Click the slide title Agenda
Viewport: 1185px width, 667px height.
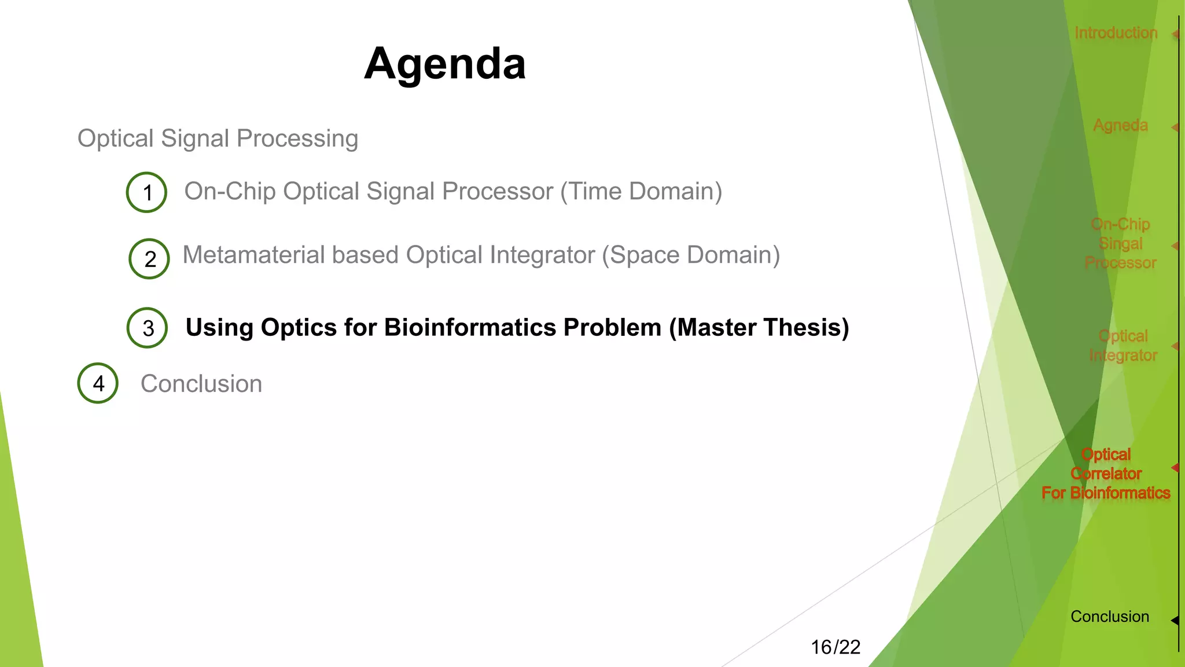pyautogui.click(x=445, y=64)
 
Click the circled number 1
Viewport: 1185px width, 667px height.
pyautogui.click(x=147, y=193)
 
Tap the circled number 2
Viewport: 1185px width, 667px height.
pyautogui.click(x=149, y=259)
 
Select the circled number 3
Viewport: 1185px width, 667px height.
pyautogui.click(x=148, y=328)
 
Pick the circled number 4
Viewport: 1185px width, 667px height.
pyautogui.click(x=98, y=383)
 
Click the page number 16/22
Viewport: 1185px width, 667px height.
pyautogui.click(x=835, y=647)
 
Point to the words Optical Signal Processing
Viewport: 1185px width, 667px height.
pyautogui.click(x=218, y=139)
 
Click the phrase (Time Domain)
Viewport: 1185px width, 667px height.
pyautogui.click(x=641, y=192)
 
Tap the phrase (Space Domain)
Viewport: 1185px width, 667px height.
pyautogui.click(x=691, y=255)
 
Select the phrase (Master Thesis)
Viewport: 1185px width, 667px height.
pyautogui.click(x=759, y=328)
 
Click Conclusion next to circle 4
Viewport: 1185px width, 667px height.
pyautogui.click(x=201, y=384)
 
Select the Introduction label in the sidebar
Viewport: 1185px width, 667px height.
pyautogui.click(x=1116, y=33)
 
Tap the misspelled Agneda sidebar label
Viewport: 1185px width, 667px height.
pyautogui.click(x=1120, y=126)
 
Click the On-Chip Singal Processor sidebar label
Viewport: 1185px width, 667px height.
pyautogui.click(x=1120, y=243)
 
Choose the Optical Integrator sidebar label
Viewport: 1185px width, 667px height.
pyautogui.click(x=1123, y=346)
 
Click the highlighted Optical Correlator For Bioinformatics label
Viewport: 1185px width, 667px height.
pyautogui.click(x=1106, y=474)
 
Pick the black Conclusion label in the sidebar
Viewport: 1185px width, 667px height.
pyautogui.click(x=1109, y=617)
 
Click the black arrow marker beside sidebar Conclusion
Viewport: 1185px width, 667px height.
pyautogui.click(x=1175, y=620)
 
